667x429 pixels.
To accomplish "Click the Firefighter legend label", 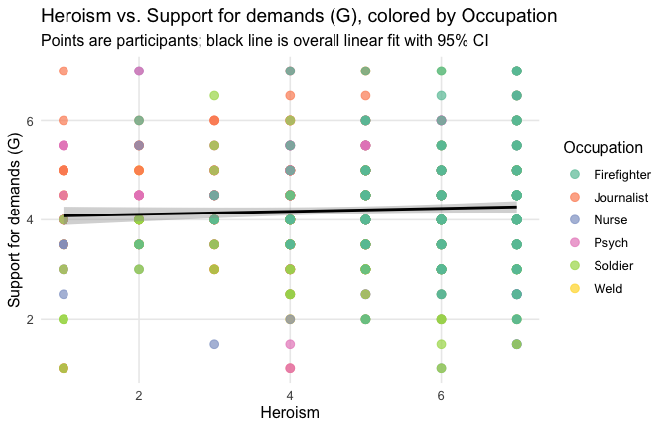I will pyautogui.click(x=622, y=175).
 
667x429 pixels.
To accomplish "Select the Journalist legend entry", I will pyautogui.click(x=618, y=198).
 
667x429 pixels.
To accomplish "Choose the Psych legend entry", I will pyautogui.click(x=608, y=243).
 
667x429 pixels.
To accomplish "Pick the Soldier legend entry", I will pyautogui.click(x=611, y=266).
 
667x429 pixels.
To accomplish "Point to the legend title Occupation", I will pyautogui.click(x=601, y=148).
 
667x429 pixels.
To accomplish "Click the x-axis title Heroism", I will pyautogui.click(x=289, y=411).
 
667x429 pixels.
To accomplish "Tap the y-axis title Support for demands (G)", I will pyautogui.click(x=15, y=219).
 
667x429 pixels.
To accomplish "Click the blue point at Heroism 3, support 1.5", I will pyautogui.click(x=214, y=344).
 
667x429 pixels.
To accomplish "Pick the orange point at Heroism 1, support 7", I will pyautogui.click(x=64, y=71).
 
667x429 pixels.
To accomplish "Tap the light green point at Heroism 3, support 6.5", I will pyautogui.click(x=214, y=95).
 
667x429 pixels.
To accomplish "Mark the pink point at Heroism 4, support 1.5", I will pyautogui.click(x=290, y=344).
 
